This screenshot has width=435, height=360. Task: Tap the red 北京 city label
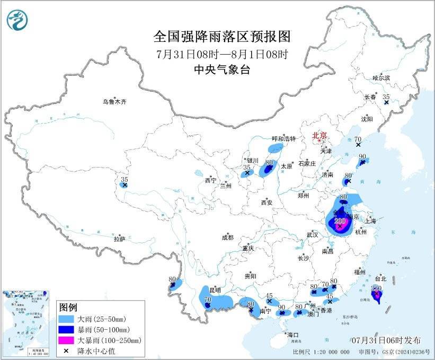320,135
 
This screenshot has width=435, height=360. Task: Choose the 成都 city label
227,238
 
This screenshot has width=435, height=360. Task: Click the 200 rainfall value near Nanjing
340,221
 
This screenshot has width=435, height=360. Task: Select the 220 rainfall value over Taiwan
376,288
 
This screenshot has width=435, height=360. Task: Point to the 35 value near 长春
386,96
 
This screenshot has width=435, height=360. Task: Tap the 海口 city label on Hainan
293,335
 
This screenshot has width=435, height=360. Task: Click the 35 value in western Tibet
125,180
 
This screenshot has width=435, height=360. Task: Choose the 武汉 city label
312,234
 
